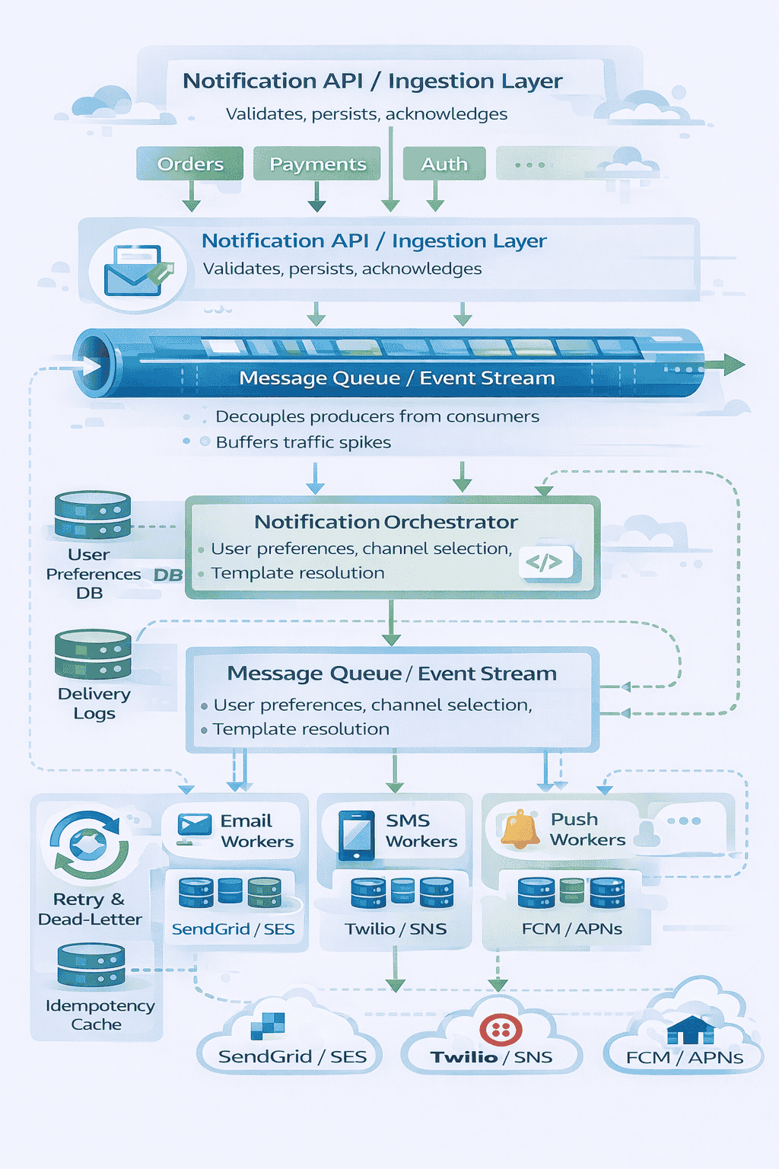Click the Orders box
(x=190, y=164)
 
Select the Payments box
(x=317, y=164)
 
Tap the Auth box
(x=444, y=164)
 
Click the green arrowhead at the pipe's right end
(x=733, y=365)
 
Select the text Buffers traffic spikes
(x=303, y=442)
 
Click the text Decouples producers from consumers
(x=377, y=416)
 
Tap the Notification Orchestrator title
(x=386, y=522)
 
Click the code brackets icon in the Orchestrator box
(x=545, y=562)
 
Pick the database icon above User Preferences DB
(x=93, y=514)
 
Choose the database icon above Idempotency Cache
(x=91, y=965)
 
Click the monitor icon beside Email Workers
(x=194, y=828)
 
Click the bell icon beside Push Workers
(x=520, y=830)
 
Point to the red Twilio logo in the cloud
(x=501, y=1030)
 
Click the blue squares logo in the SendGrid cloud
(x=269, y=1025)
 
